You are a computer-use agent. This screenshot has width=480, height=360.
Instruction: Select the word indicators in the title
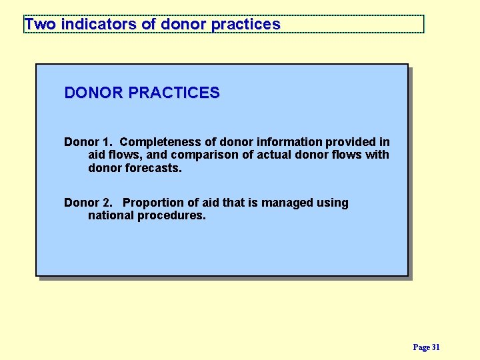[x=99, y=25]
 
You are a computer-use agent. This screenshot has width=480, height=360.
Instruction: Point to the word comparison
[x=202, y=155]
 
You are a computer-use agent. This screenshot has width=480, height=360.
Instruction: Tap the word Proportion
[x=154, y=203]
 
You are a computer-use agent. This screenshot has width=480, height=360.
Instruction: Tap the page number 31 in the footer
[x=436, y=347]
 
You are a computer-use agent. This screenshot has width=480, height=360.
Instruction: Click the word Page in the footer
[x=421, y=347]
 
